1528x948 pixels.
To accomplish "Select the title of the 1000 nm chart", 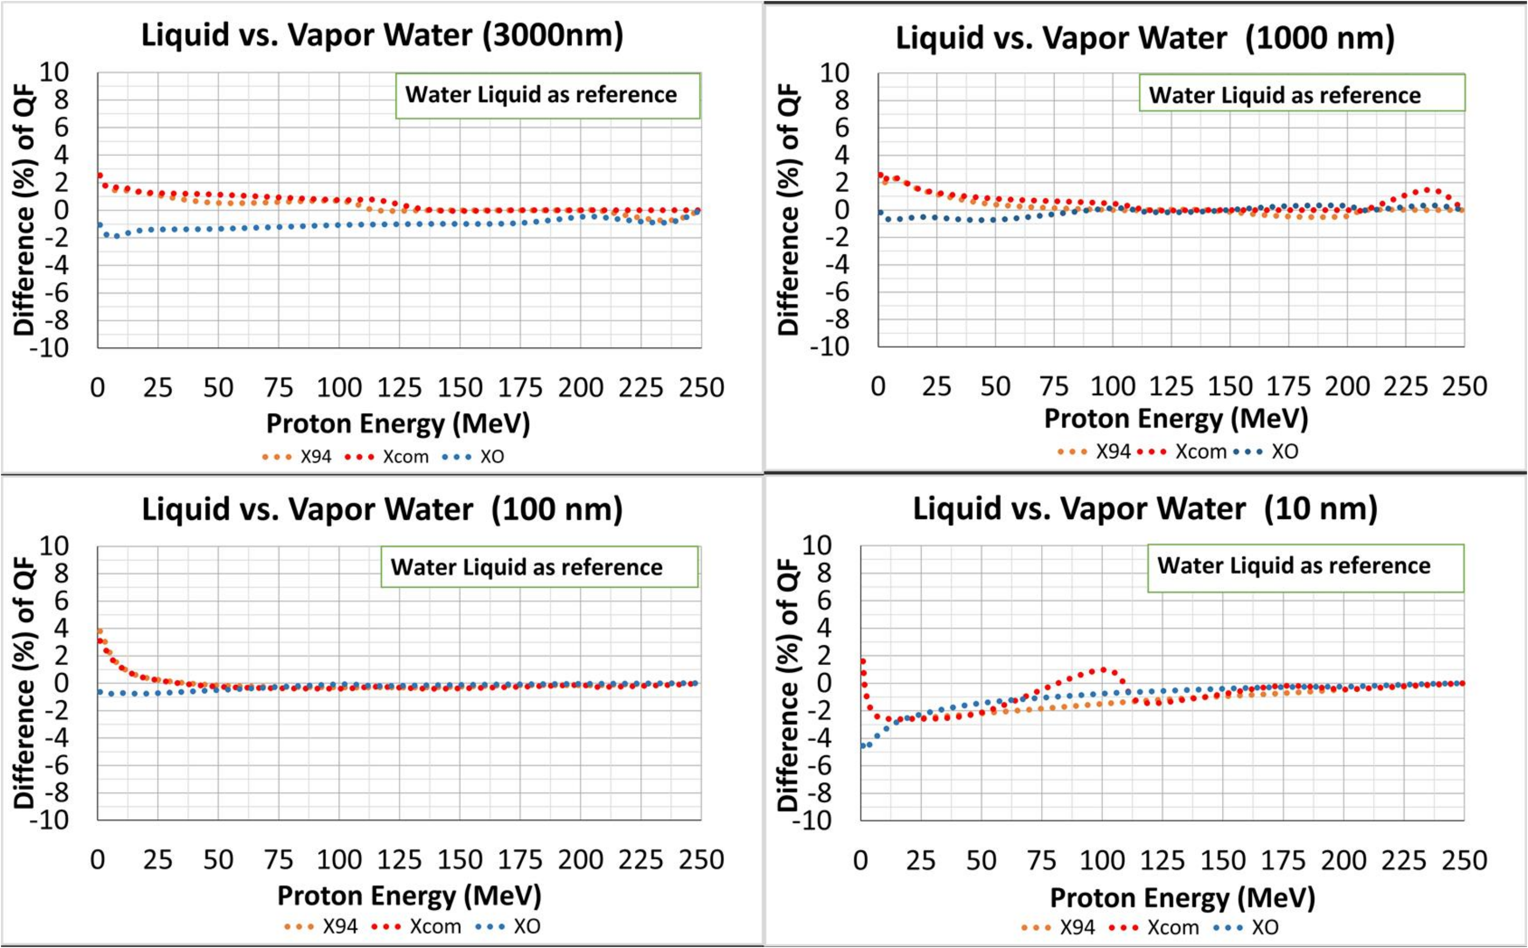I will [1145, 38].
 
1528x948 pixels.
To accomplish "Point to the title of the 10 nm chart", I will [1145, 508].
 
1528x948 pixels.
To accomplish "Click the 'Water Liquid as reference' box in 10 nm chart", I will [1305, 566].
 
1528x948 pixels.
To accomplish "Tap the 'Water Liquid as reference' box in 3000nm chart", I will [547, 95].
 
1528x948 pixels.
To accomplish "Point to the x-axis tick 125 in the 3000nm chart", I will [399, 388].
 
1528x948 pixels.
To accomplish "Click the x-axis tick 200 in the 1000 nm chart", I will [1347, 386].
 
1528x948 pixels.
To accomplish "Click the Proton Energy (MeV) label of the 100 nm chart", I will [409, 895].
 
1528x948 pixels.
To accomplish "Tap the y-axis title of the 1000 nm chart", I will [789, 210].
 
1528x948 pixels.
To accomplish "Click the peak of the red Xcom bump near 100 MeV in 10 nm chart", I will [1102, 669].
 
